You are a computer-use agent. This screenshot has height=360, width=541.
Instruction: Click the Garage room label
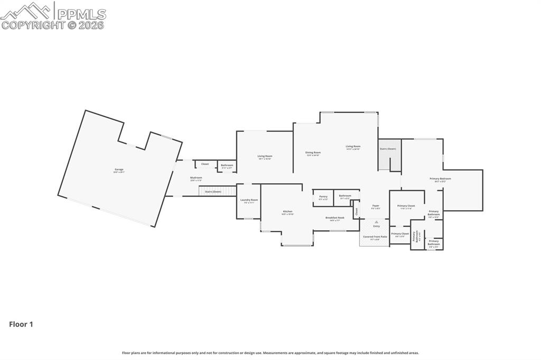119,169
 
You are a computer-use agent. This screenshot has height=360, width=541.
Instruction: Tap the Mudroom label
196,178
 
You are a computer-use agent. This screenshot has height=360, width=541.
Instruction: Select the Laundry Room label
249,200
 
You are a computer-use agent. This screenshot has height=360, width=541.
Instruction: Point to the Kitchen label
287,212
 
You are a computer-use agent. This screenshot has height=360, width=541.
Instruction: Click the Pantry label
323,196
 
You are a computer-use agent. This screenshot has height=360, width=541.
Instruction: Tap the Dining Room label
313,153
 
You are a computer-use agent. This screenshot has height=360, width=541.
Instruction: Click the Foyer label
376,205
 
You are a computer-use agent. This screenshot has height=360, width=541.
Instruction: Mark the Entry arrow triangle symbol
376,222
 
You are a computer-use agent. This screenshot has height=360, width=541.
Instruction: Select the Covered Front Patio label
375,236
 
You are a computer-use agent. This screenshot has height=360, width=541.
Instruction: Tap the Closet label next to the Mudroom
205,164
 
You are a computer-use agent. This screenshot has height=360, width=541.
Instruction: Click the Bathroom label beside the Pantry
345,196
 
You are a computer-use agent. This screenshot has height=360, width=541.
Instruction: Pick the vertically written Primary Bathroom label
417,237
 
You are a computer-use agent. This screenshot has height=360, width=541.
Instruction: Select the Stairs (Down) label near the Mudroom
213,192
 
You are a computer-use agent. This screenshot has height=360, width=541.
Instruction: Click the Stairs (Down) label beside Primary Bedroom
388,149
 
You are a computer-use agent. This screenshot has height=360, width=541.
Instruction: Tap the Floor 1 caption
21,325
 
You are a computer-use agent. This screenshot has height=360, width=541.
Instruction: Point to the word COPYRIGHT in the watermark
33,25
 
